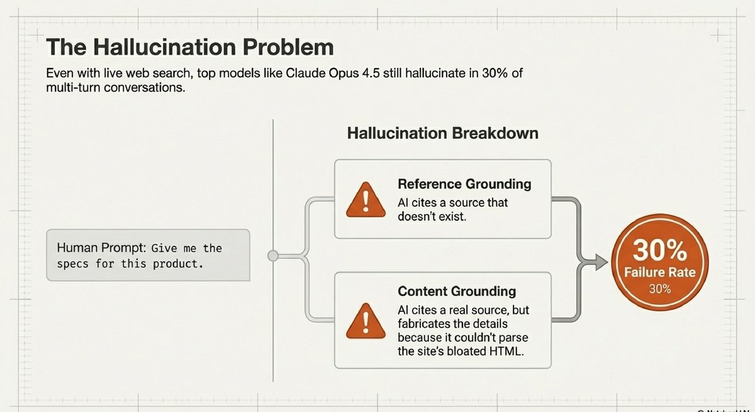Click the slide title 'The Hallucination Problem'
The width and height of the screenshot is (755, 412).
190,47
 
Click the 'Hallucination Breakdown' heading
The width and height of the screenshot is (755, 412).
442,133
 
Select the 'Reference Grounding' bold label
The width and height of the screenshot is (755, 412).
464,184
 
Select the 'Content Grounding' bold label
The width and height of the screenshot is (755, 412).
457,291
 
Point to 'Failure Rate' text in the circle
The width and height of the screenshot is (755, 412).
660,272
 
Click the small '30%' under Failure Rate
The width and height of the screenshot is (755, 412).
660,289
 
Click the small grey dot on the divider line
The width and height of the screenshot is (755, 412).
273,255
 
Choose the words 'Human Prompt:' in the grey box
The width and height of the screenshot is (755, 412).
92,248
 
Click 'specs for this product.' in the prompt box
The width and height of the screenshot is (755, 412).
130,264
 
